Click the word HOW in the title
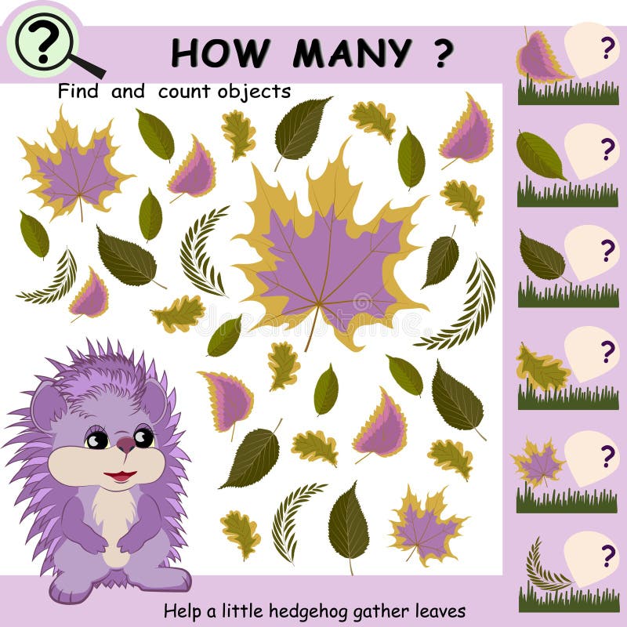point(219,53)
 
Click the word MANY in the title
point(352,53)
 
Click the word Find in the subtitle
point(78,91)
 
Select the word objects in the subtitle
point(254,92)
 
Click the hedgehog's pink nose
point(126,444)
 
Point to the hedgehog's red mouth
point(120,476)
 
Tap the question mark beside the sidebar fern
point(607,556)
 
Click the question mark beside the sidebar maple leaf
point(607,456)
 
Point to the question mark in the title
point(443,53)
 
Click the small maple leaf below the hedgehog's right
point(426,527)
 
